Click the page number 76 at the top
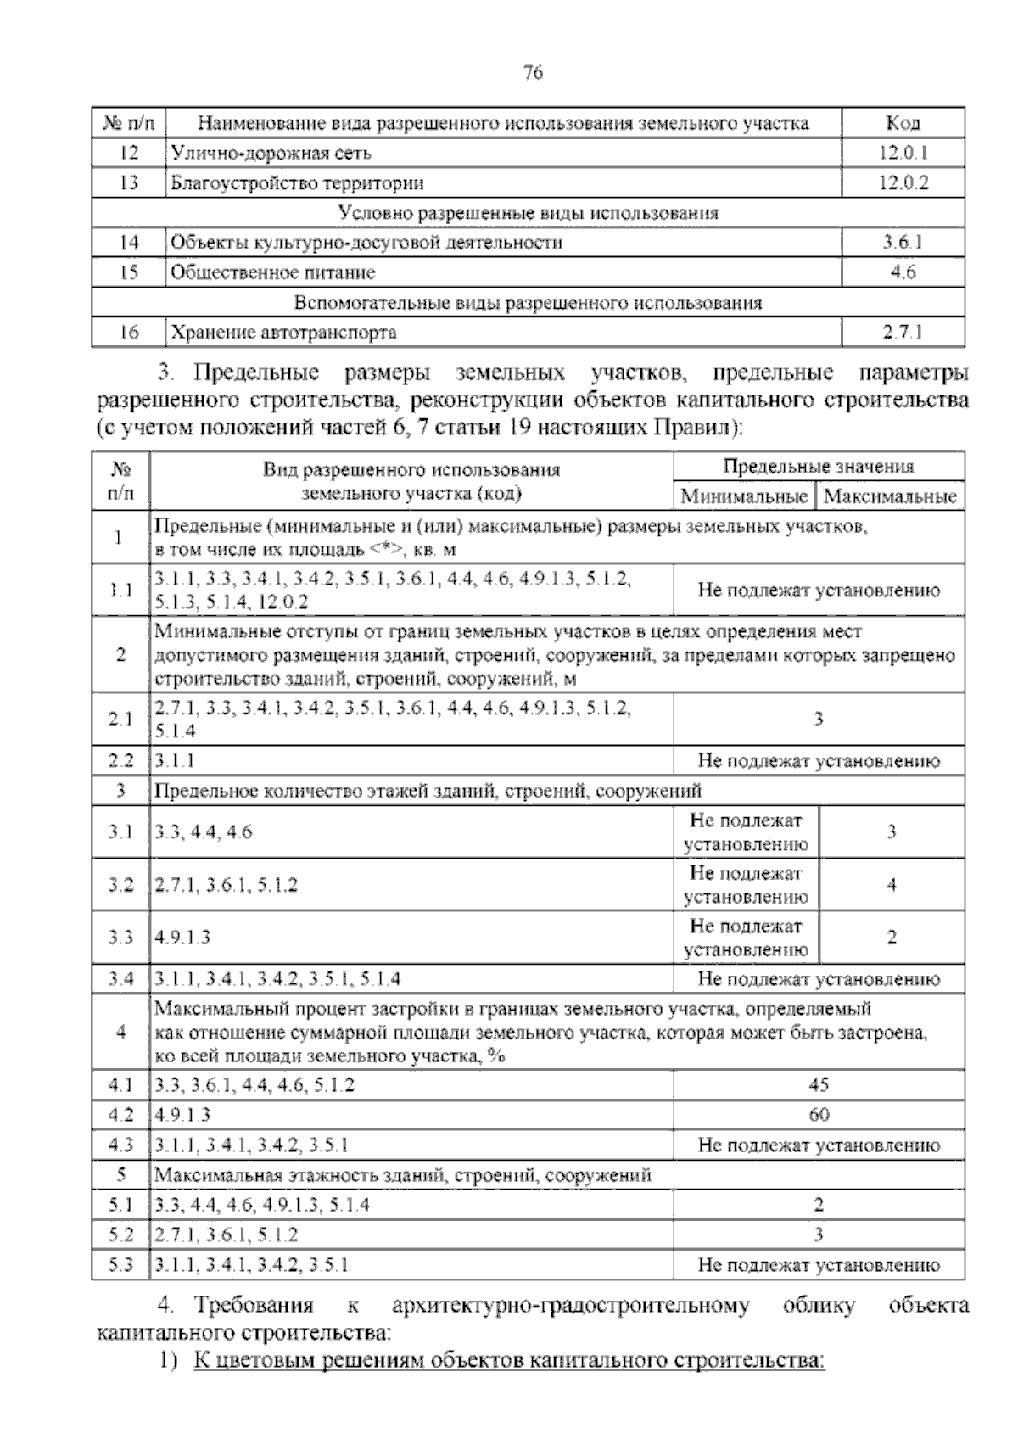pos(533,72)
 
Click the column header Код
pos(903,123)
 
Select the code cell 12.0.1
pos(903,153)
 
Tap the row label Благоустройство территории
pos(298,182)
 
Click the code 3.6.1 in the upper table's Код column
pos(903,243)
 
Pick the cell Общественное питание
pos(272,272)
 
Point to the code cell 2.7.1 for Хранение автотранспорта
pos(903,333)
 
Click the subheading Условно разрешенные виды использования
pos(528,213)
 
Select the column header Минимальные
pos(744,496)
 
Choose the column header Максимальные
pos(890,496)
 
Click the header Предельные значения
pos(818,466)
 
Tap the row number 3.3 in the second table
pos(120,938)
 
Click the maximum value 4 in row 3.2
pos(891,885)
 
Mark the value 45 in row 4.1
pos(819,1084)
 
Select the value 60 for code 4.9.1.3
pos(819,1114)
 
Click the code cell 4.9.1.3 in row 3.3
pos(182,938)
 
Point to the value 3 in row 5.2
pos(819,1235)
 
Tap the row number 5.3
pos(120,1265)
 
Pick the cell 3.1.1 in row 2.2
pos(174,761)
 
